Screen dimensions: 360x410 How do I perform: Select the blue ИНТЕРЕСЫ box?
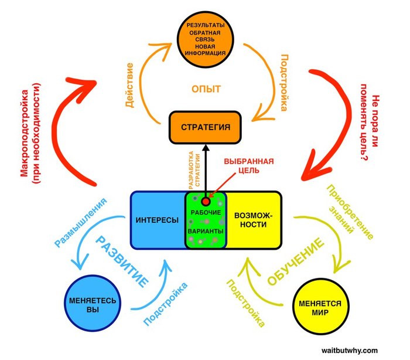(157, 219)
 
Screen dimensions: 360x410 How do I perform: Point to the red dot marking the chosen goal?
(206, 201)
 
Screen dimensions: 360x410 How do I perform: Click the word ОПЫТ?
(206, 89)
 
